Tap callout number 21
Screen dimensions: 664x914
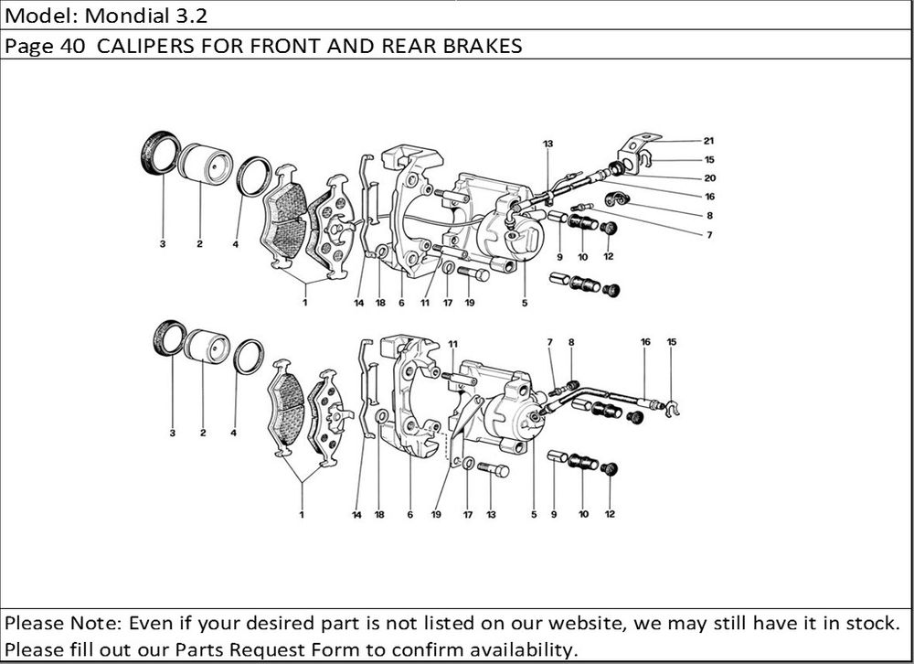708,141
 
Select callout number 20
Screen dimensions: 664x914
708,177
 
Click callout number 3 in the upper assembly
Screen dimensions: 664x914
162,244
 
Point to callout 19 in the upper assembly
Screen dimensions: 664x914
469,303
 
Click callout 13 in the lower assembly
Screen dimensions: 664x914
491,515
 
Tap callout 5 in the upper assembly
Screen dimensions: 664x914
525,303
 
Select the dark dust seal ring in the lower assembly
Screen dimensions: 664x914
168,337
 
